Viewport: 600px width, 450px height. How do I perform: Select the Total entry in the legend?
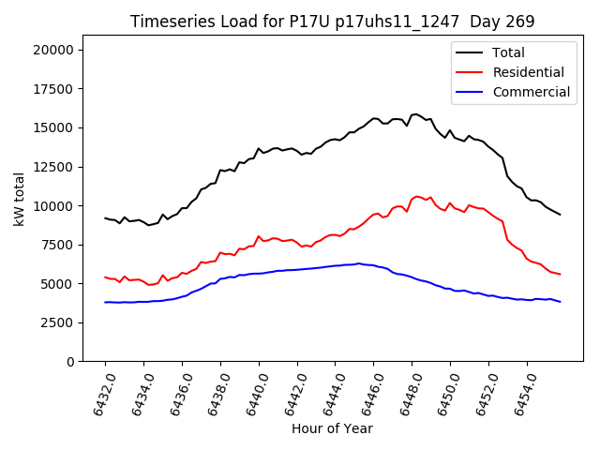(508, 52)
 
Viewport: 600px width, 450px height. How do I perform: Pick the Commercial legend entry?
(531, 92)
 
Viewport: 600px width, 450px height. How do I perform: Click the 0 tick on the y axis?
(69, 362)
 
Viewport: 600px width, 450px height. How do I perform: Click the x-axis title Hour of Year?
(332, 428)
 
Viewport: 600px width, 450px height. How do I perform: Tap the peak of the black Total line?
(416, 114)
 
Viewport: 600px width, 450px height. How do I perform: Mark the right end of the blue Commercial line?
(561, 302)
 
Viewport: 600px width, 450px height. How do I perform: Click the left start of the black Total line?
(105, 218)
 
